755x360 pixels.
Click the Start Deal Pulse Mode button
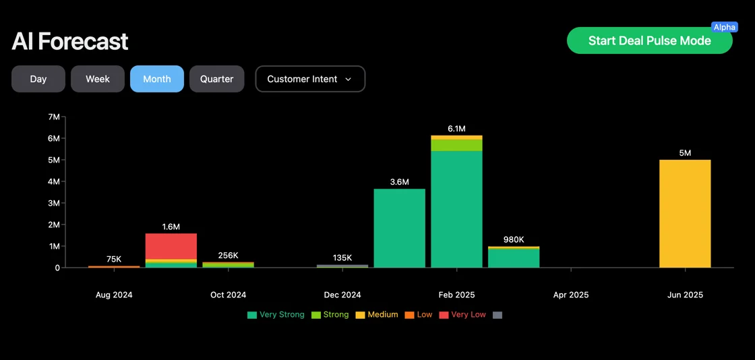(648, 40)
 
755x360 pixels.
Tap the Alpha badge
(725, 27)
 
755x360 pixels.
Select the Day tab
(38, 79)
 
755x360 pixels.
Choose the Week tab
(98, 79)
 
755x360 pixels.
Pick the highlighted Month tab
(157, 79)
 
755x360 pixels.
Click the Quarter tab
(216, 79)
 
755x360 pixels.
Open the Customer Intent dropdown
(310, 79)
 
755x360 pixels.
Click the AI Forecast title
(70, 42)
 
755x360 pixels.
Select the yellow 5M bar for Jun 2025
(685, 213)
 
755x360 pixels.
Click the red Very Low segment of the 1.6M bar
(171, 246)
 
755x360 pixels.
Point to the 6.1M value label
(456, 129)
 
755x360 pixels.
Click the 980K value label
(514, 239)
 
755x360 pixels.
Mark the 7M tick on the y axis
(54, 117)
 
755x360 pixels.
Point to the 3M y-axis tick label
(54, 203)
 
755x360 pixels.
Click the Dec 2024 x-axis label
(342, 295)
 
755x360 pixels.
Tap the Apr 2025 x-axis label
(570, 295)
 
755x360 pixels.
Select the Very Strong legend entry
(276, 315)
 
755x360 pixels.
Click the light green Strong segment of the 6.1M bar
(456, 145)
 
